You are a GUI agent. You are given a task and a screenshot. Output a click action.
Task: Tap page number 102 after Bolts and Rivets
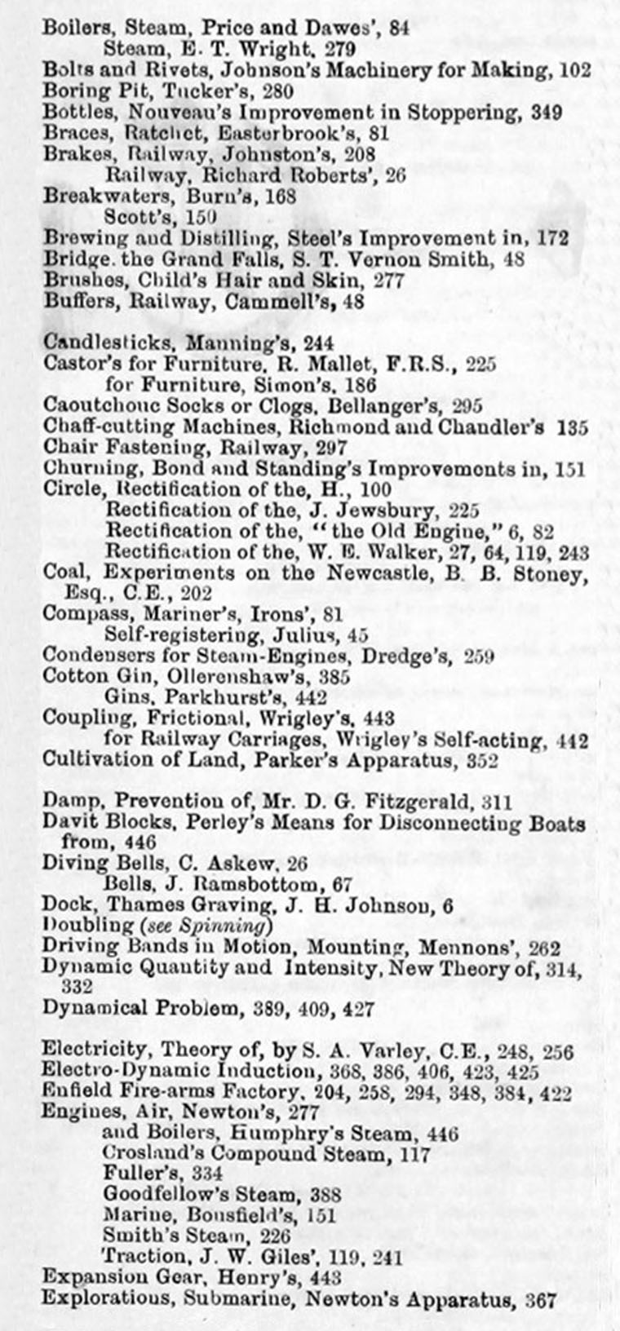(576, 70)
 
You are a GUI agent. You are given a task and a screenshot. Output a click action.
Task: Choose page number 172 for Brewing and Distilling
(552, 239)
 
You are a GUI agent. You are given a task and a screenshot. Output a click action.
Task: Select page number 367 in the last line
(539, 1299)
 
